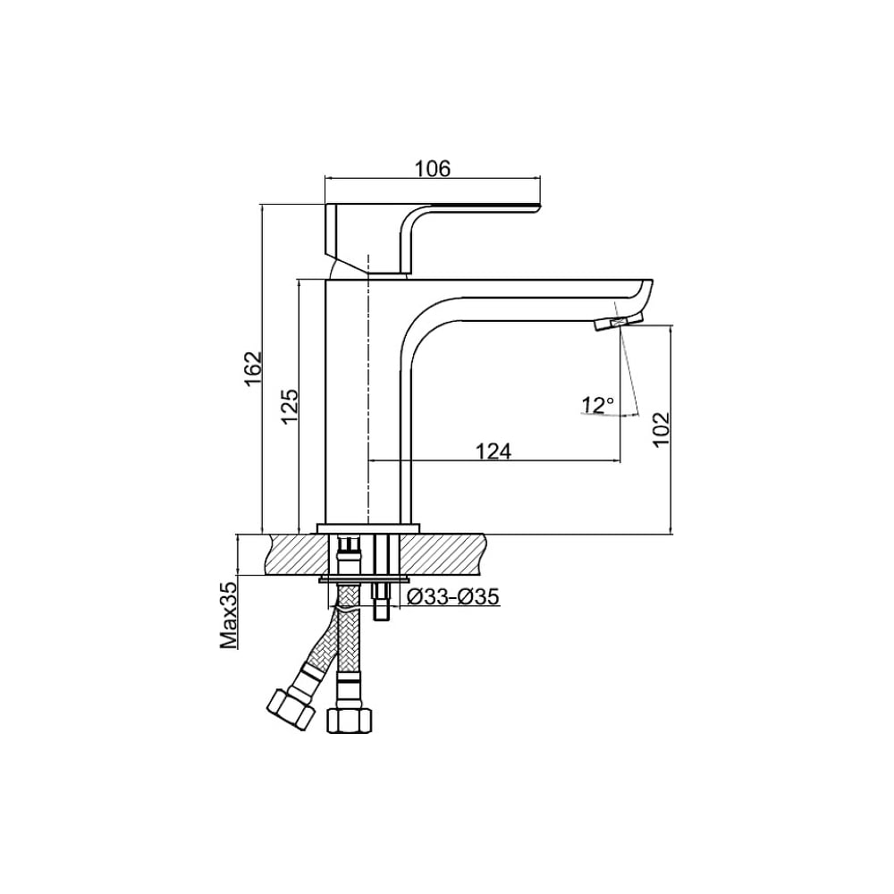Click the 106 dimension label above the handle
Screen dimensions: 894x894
point(432,169)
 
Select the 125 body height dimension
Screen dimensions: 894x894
point(291,406)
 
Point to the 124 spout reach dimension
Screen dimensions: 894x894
point(493,451)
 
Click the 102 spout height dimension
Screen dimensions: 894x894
point(661,429)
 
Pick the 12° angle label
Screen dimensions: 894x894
point(597,405)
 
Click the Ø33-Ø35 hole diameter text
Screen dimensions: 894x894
point(454,596)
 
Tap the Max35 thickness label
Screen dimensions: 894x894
point(230,615)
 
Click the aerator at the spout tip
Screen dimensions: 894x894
point(619,322)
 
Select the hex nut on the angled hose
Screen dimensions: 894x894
point(291,709)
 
